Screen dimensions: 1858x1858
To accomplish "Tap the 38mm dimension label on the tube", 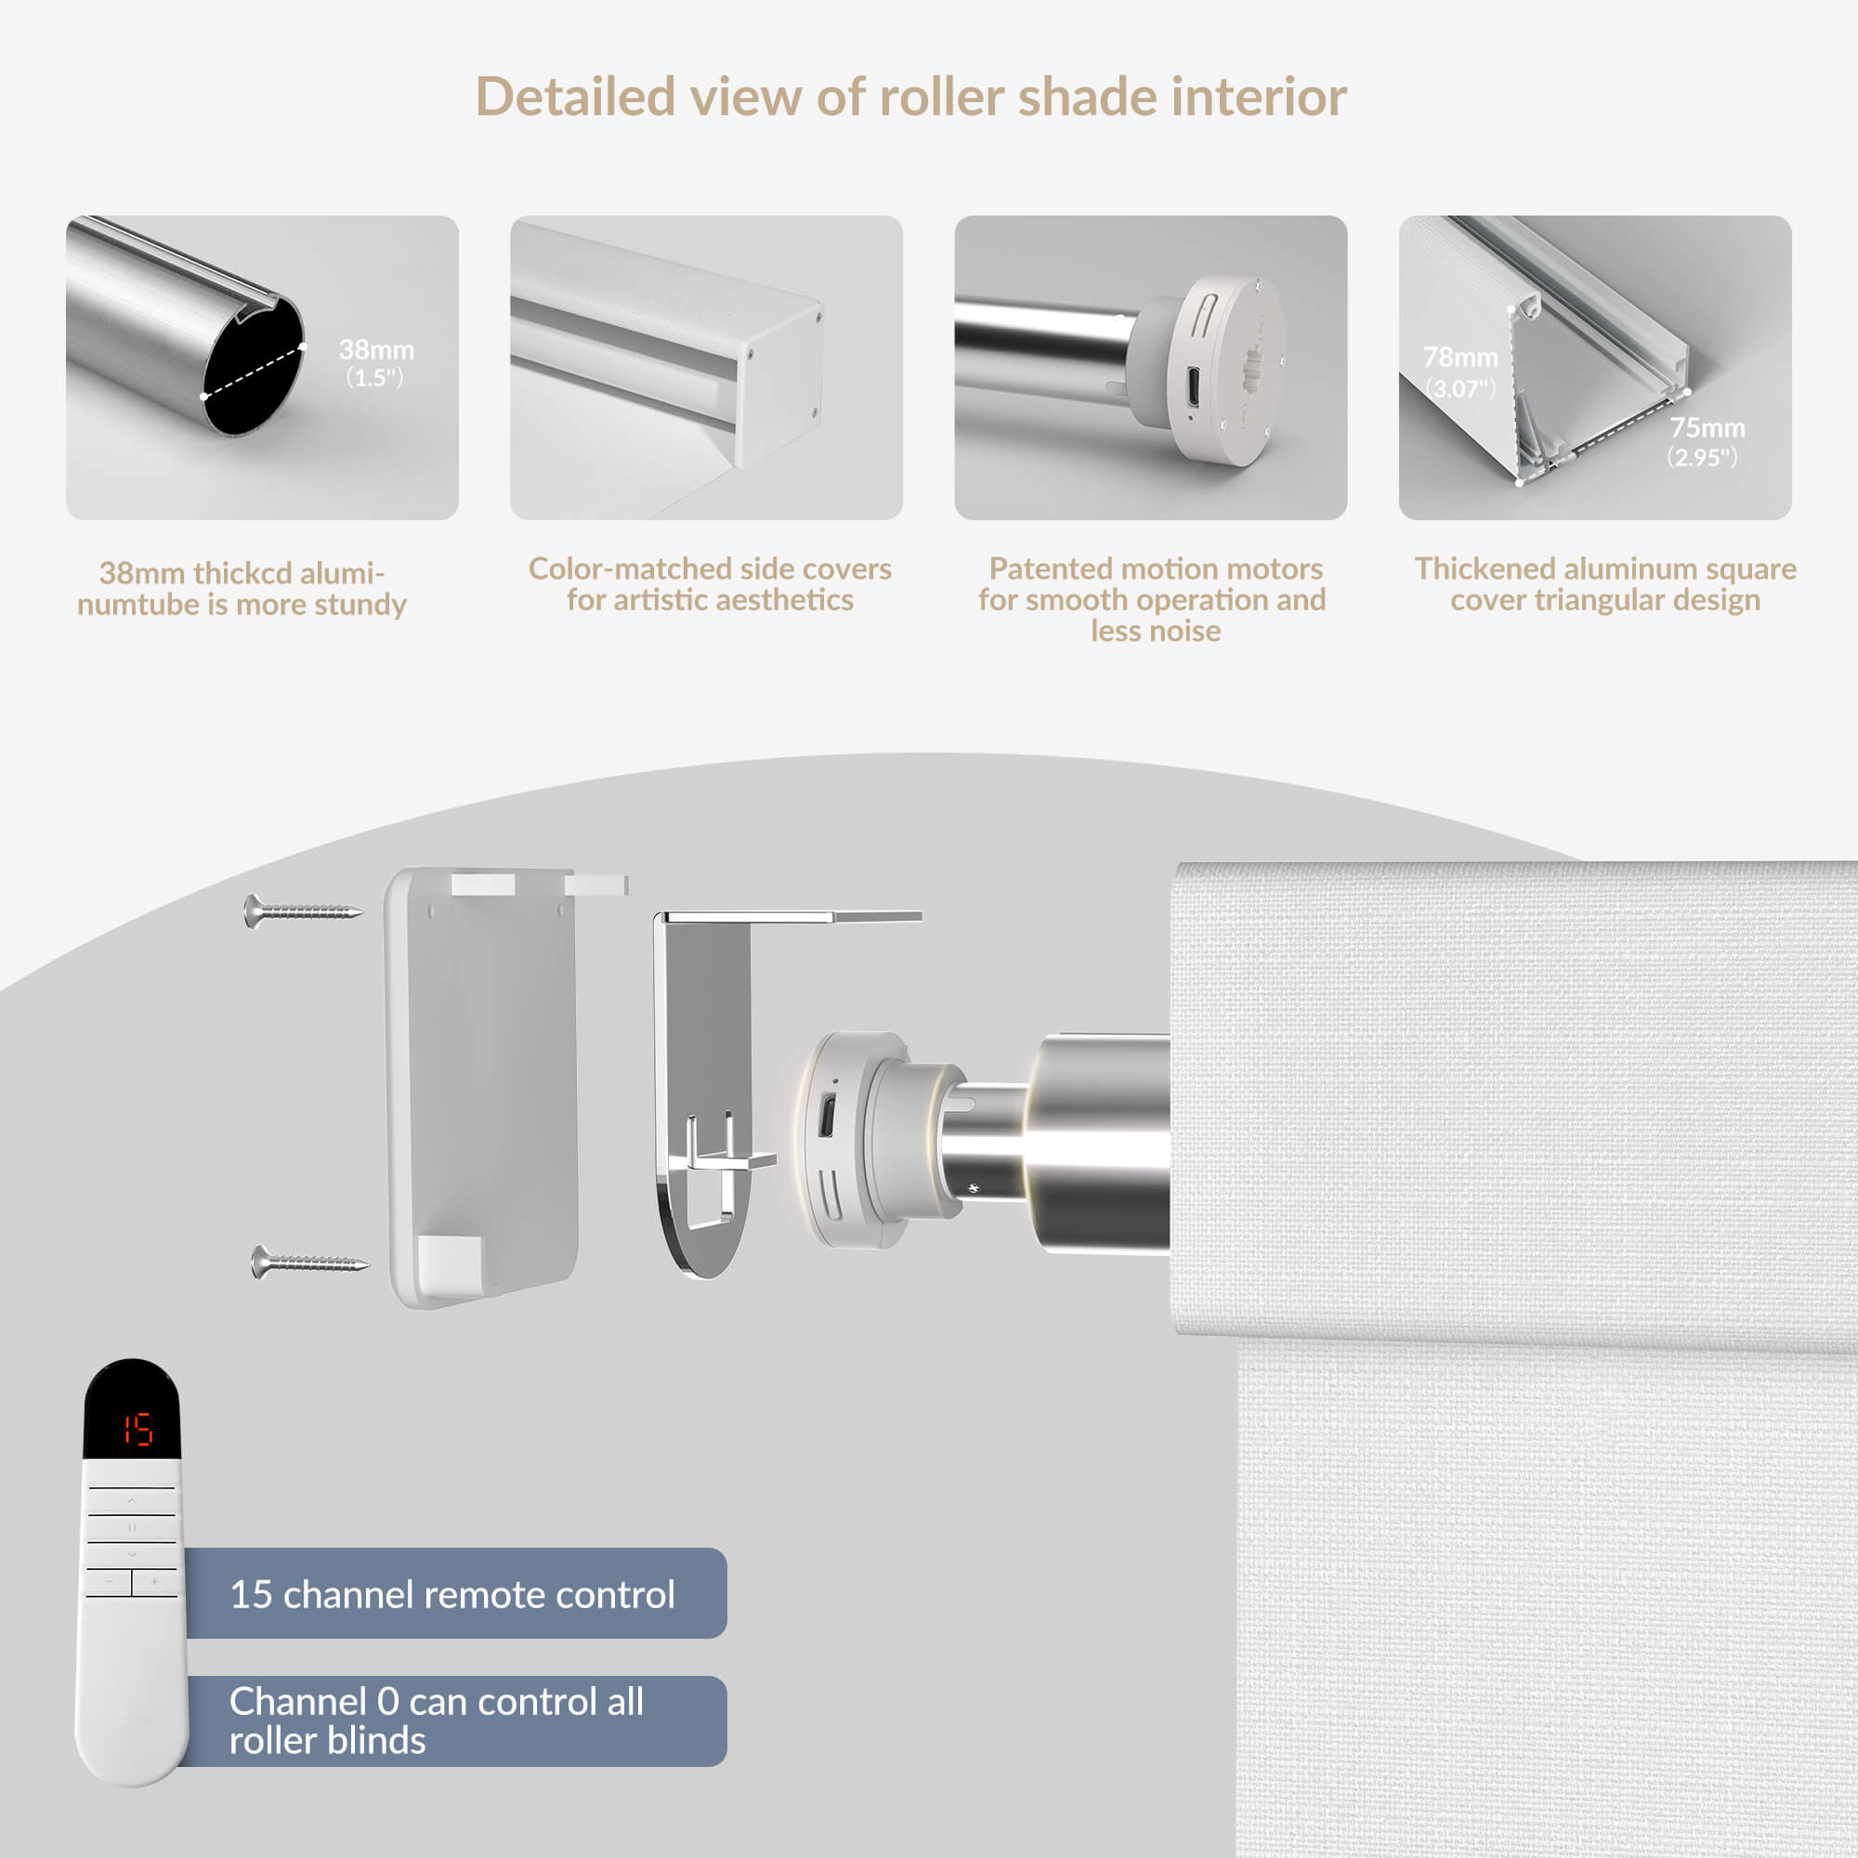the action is coord(376,361).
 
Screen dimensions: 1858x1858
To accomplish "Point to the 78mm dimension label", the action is coord(1459,372).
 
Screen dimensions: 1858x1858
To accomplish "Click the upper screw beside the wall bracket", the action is coord(303,909).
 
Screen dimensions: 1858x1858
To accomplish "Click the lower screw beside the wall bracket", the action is coord(309,1261).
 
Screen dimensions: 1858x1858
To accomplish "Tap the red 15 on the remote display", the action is coord(137,1430).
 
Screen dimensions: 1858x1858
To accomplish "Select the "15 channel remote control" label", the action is coord(452,1594).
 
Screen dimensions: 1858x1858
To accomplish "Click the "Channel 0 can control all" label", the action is coord(437,1701).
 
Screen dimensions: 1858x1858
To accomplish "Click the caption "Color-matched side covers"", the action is coord(710,569).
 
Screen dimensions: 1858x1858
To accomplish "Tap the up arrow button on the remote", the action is coord(132,1500).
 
